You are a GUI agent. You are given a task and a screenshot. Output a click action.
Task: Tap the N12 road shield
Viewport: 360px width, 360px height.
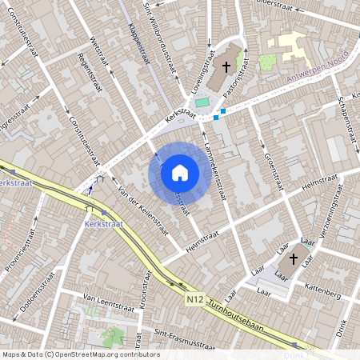point(194,299)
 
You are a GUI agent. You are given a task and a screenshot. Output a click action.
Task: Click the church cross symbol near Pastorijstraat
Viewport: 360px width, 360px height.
point(226,68)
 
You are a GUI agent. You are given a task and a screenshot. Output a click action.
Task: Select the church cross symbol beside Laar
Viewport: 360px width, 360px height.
point(293,258)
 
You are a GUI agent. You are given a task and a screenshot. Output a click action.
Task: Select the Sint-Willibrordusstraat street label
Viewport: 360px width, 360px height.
point(158,37)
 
